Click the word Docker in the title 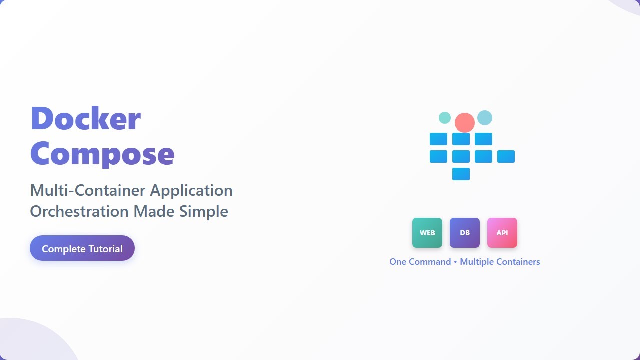(x=85, y=119)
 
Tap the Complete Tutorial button (x=82, y=248)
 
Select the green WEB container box (x=427, y=233)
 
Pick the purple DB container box (x=465, y=233)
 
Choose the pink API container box (x=502, y=233)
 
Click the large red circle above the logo (x=465, y=123)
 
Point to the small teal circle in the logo (x=445, y=118)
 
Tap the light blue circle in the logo (x=485, y=118)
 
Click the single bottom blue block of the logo (x=461, y=174)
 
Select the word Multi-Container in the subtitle (x=88, y=190)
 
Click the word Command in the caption (x=430, y=262)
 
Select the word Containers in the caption (x=517, y=262)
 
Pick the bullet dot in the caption (x=455, y=262)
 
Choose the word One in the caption (x=398, y=262)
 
